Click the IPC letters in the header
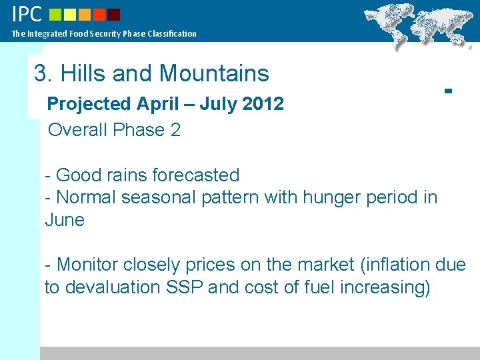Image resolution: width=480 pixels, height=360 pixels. tap(27, 13)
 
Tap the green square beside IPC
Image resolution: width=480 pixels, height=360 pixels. tap(55, 14)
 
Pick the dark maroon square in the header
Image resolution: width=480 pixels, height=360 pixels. tap(114, 14)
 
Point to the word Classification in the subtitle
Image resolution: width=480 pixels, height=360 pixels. tap(174, 33)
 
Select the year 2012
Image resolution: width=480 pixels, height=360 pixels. tap(264, 104)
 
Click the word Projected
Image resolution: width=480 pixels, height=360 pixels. tap(89, 104)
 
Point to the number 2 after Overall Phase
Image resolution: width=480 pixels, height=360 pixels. tap(175, 130)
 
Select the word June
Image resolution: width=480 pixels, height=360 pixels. tap(65, 220)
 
